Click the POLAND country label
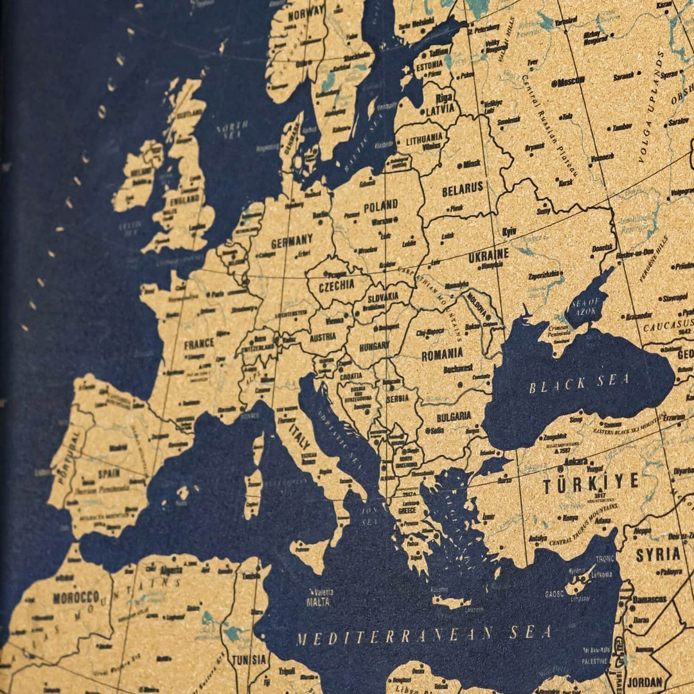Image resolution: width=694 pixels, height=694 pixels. (x=381, y=206)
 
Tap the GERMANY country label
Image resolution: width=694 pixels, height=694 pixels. (x=292, y=242)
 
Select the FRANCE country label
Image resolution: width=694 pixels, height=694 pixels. (x=199, y=344)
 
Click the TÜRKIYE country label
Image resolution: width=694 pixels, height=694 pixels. (x=591, y=482)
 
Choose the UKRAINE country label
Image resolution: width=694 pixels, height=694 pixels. (x=488, y=254)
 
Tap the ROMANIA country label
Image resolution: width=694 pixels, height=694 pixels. (x=442, y=353)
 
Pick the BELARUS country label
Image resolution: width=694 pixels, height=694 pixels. (x=462, y=188)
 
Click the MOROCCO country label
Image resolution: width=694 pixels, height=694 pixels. (x=76, y=597)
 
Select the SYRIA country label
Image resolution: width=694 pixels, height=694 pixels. (x=658, y=554)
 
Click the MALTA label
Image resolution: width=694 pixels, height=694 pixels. (x=318, y=602)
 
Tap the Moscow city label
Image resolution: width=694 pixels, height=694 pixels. (x=569, y=82)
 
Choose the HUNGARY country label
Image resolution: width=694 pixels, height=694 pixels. (x=374, y=345)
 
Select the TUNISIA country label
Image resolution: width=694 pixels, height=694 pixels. (x=249, y=659)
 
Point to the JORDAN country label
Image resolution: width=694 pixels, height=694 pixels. (x=645, y=682)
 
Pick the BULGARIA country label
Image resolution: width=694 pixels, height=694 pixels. (x=454, y=416)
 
